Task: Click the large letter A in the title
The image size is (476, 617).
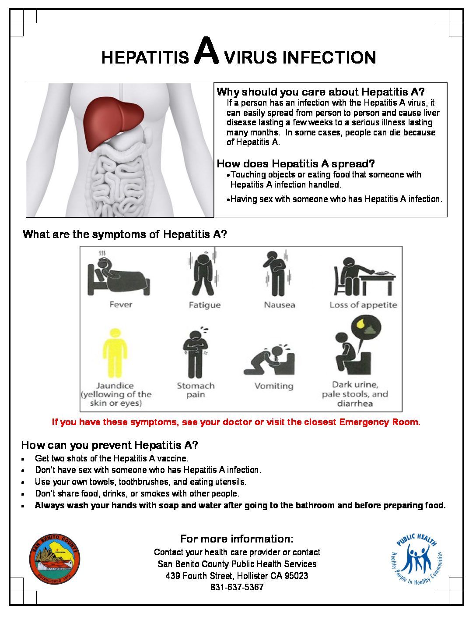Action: pyautogui.click(x=206, y=52)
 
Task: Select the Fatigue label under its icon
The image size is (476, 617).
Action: pyautogui.click(x=204, y=305)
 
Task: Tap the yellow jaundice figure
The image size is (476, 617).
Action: pyautogui.click(x=115, y=353)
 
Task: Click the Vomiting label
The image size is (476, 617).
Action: pyautogui.click(x=274, y=386)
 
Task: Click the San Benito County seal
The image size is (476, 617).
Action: pyautogui.click(x=55, y=559)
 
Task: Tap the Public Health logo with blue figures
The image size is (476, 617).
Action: pyautogui.click(x=416, y=559)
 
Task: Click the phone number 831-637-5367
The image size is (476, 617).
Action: pyautogui.click(x=237, y=587)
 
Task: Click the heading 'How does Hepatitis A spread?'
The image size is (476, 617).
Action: pyautogui.click(x=296, y=164)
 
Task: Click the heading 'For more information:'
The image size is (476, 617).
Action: pyautogui.click(x=237, y=539)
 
